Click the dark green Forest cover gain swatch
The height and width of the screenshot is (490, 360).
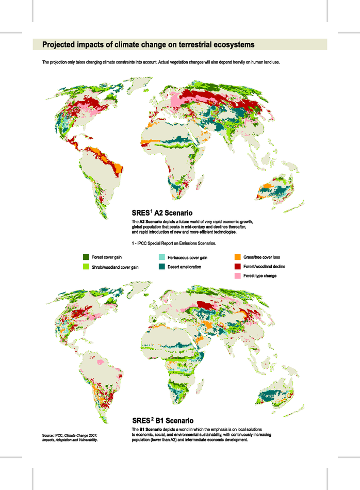tap(86, 257)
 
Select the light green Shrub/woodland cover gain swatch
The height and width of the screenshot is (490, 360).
tap(86, 267)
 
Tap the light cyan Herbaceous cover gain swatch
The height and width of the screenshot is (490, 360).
tap(161, 257)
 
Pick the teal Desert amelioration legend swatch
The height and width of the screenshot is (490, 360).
tap(161, 267)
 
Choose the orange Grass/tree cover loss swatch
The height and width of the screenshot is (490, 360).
tap(238, 257)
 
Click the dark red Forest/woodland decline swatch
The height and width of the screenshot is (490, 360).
tap(238, 267)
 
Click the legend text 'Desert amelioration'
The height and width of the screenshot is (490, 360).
tap(187, 267)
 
